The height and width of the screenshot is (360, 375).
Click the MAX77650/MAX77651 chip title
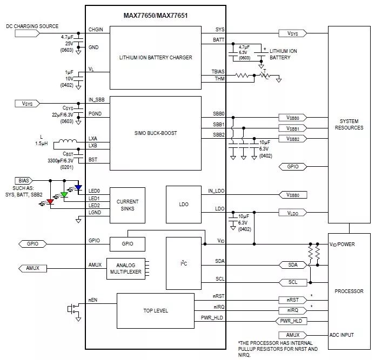(x=155, y=16)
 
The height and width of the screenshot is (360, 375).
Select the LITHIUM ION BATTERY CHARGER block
(x=155, y=57)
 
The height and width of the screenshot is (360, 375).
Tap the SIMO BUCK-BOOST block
(x=155, y=133)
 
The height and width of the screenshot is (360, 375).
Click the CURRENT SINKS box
(x=128, y=205)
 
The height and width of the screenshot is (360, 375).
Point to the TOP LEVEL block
(x=155, y=311)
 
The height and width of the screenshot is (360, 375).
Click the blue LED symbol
(x=78, y=188)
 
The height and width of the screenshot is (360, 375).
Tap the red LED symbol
(x=50, y=202)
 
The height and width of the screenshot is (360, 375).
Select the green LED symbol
(x=64, y=195)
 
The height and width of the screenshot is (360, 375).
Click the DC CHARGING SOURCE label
(x=32, y=26)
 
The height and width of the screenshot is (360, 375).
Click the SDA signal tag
(x=293, y=264)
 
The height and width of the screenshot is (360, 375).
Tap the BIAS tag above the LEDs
(x=24, y=180)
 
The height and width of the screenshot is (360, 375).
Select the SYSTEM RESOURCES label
(x=349, y=125)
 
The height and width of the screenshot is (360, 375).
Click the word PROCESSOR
(x=349, y=291)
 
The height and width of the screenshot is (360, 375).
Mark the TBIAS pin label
(x=218, y=72)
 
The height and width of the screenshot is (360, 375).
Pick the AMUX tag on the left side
(x=29, y=268)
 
